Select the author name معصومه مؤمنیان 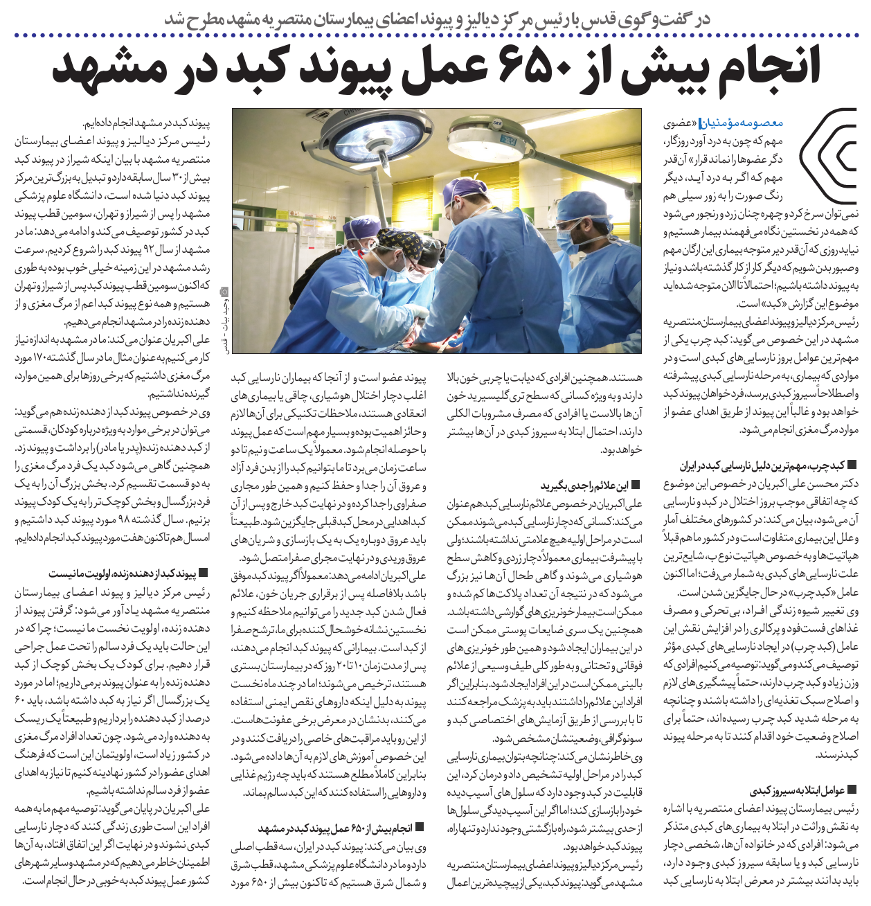coord(751,123)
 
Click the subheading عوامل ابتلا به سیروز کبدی coord(796,790)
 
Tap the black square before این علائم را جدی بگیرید coord(636,486)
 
